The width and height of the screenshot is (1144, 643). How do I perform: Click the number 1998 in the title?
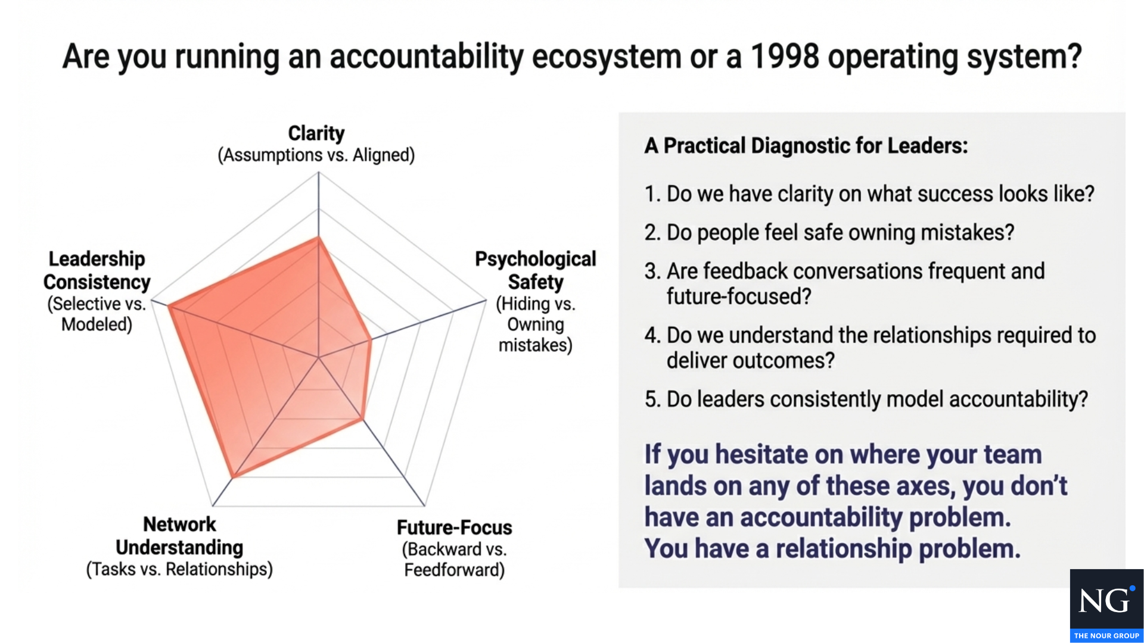tap(785, 57)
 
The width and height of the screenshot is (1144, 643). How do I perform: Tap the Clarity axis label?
tap(316, 133)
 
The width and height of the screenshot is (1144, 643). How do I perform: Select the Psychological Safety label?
tap(536, 270)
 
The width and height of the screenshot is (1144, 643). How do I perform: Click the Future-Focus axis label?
tap(455, 527)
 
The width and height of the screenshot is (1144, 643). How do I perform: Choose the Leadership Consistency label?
tap(97, 270)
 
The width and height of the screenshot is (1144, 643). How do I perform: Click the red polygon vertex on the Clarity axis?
tap(319, 238)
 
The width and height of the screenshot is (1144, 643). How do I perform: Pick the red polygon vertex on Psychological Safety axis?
tap(371, 341)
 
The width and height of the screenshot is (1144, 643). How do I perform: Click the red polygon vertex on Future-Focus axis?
tap(362, 419)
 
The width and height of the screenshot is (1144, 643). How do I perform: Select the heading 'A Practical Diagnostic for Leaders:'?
tap(806, 146)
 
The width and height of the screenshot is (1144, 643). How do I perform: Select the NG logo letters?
tap(1105, 601)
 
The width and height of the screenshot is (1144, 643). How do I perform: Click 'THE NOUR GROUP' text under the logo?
tap(1106, 636)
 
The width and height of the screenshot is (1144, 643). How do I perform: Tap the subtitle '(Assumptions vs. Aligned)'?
tap(316, 155)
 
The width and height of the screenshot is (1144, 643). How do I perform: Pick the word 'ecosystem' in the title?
tap(607, 57)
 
